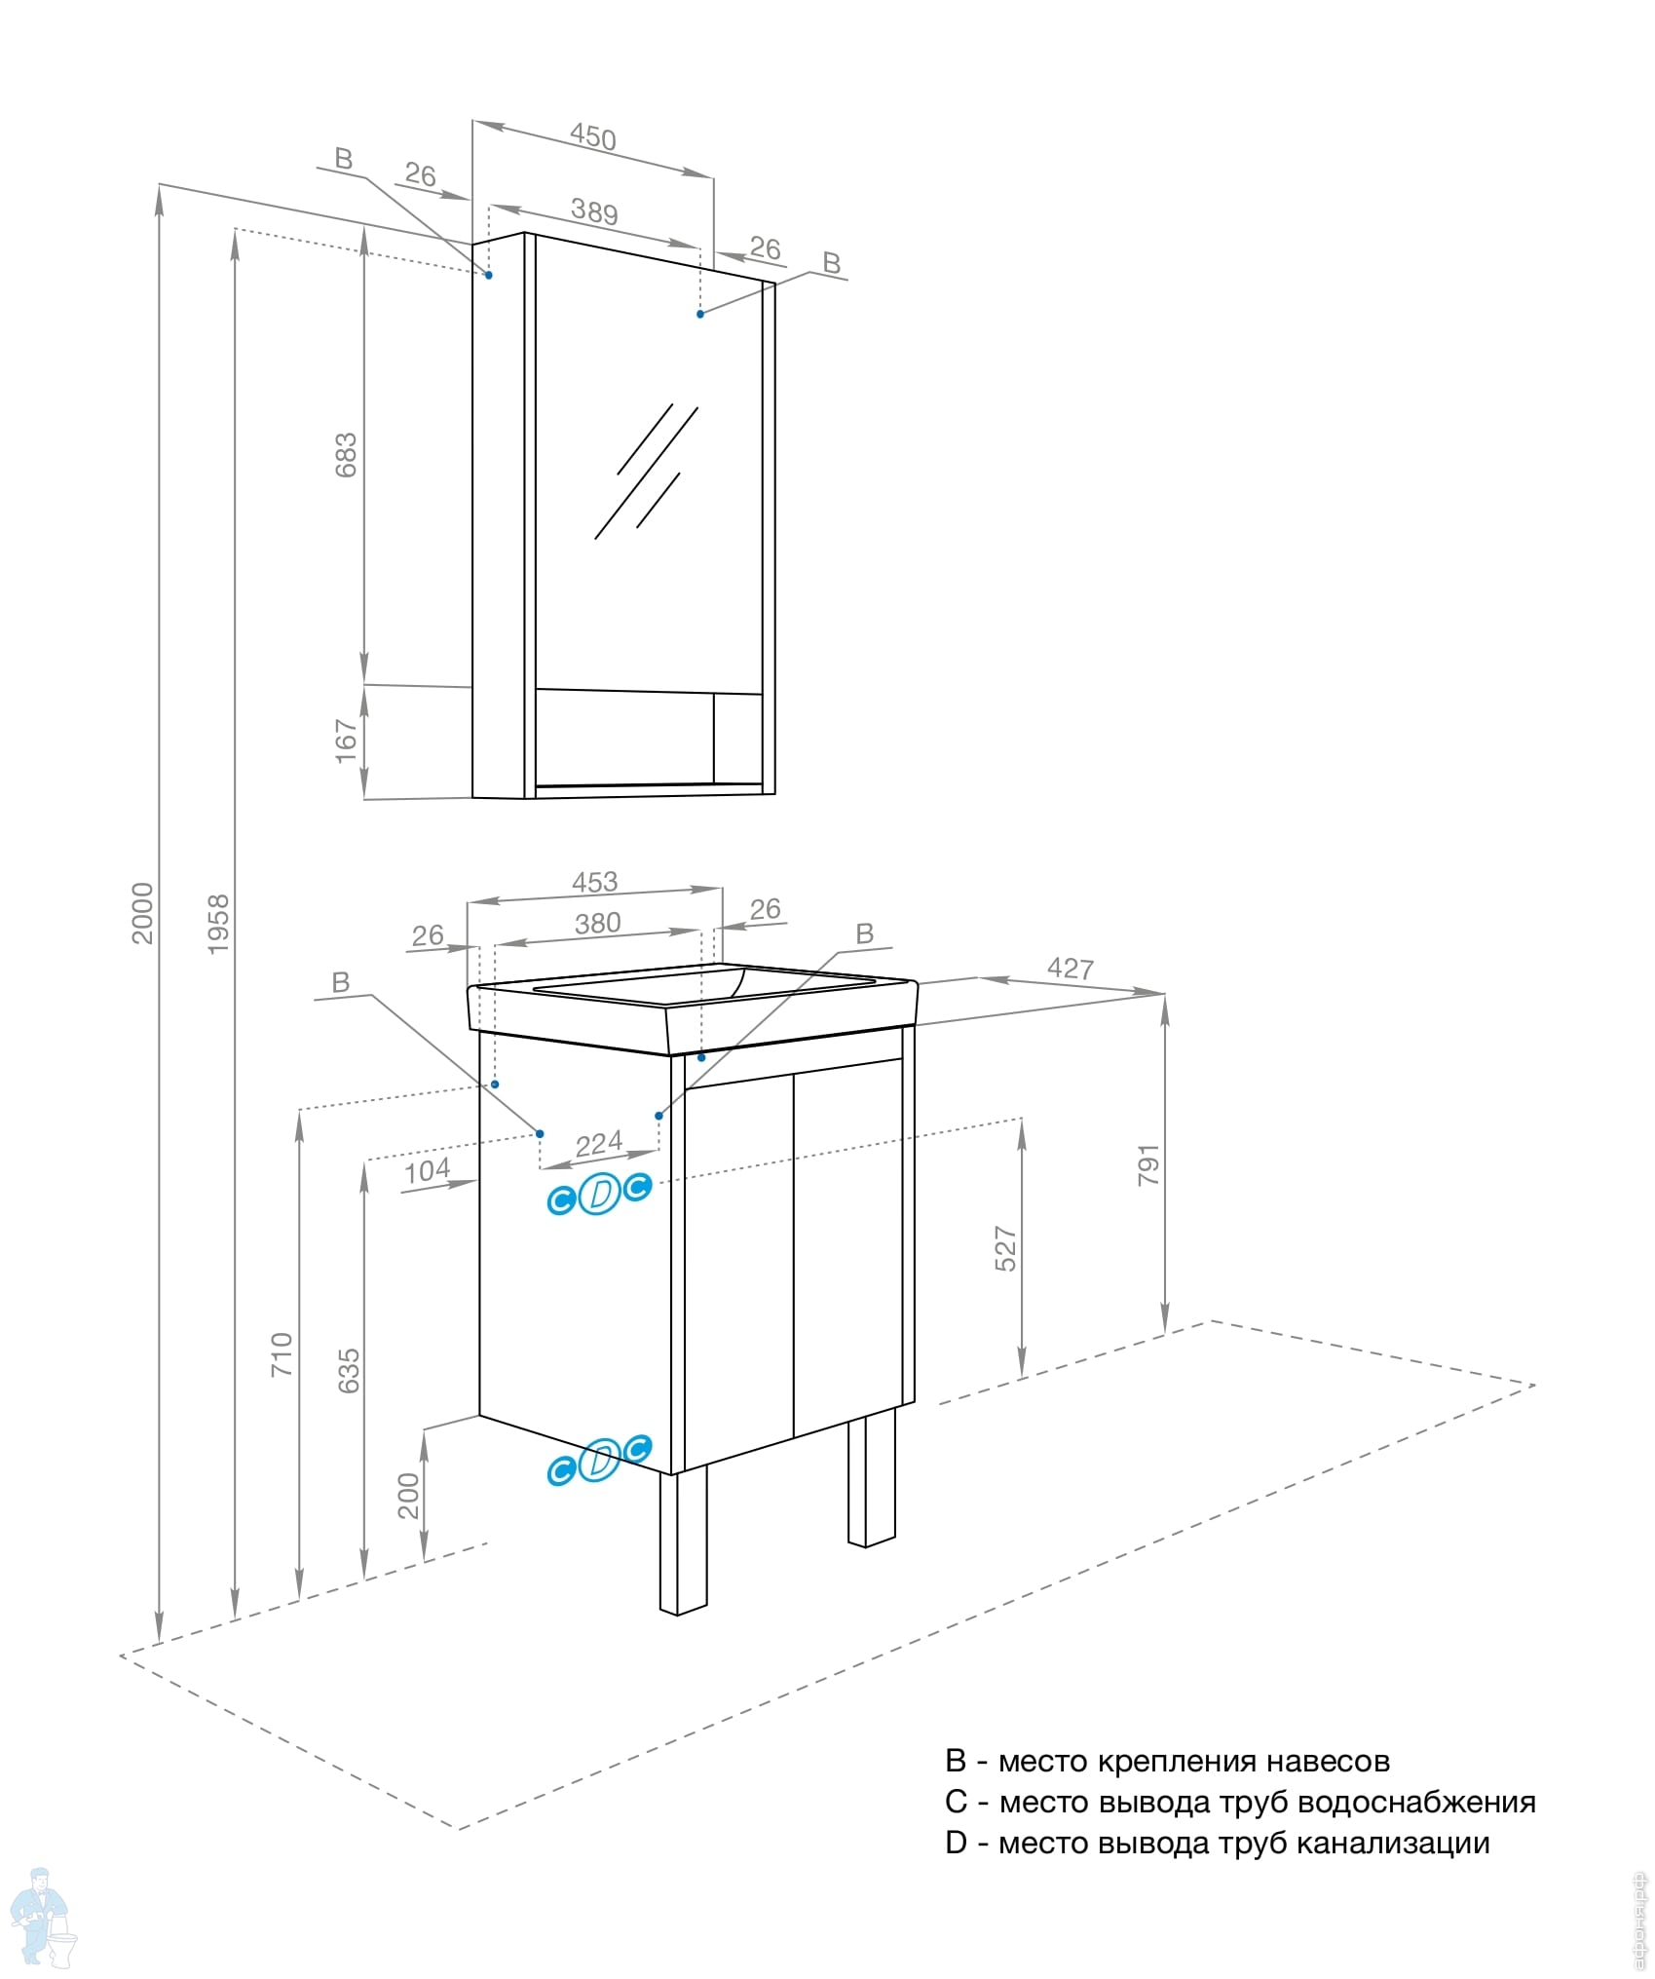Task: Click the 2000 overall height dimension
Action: [x=142, y=912]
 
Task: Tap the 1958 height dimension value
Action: [x=218, y=923]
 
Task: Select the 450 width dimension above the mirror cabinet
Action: [x=592, y=136]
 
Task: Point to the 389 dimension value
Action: [x=593, y=210]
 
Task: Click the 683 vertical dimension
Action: [x=346, y=454]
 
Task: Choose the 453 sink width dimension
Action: [x=594, y=881]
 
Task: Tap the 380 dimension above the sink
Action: [x=597, y=922]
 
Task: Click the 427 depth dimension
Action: [x=1070, y=968]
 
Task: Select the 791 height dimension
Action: [x=1148, y=1164]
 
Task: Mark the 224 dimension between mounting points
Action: [x=598, y=1143]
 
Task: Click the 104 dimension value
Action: [x=427, y=1170]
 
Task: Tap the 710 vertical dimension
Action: [x=281, y=1353]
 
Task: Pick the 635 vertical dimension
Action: [x=348, y=1370]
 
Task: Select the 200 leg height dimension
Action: [x=408, y=1495]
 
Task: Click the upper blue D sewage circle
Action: [x=599, y=1193]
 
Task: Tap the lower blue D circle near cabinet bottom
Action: [x=599, y=1460]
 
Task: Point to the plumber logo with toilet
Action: [x=41, y=1915]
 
